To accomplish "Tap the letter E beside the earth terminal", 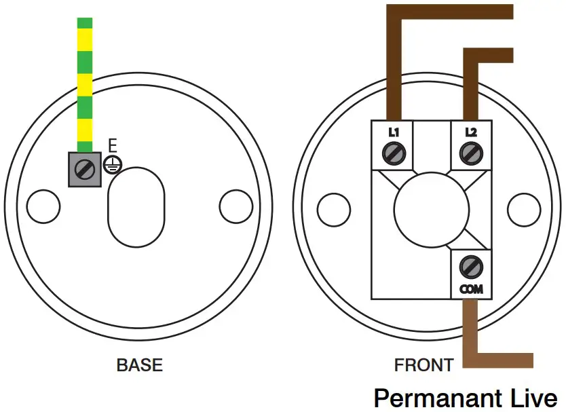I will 113,146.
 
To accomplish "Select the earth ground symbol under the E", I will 113,164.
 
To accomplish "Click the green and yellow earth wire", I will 84,81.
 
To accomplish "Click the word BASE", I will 140,364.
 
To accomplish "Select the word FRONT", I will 423,364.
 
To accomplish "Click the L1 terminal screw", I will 393,155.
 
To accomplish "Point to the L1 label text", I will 393,133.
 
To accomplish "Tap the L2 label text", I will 470,133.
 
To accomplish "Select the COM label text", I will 470,288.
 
